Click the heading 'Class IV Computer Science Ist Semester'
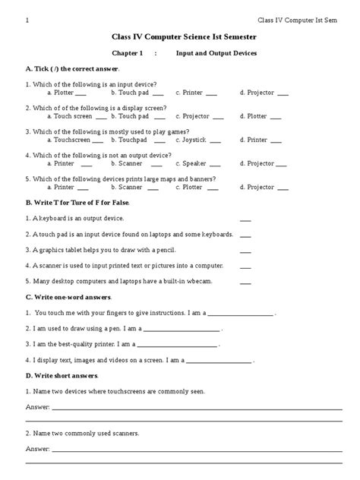pos(180,36)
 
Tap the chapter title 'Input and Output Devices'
pos(216,54)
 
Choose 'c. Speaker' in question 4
pos(191,163)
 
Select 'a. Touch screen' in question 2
pos(70,116)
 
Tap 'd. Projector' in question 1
pos(257,93)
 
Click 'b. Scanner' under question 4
pos(127,163)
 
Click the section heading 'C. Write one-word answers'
pos(68,297)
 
